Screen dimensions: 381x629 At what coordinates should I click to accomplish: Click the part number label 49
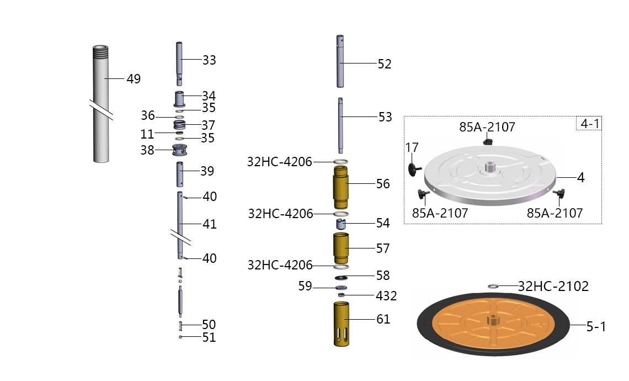tap(134, 79)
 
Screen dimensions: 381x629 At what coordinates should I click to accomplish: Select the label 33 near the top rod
tap(209, 60)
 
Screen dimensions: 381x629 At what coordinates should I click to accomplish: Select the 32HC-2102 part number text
tap(553, 286)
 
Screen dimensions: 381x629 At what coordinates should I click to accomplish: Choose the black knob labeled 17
tap(414, 168)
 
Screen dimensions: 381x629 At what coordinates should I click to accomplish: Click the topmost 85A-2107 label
tap(487, 127)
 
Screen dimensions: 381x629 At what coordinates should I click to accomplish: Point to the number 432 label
tap(386, 296)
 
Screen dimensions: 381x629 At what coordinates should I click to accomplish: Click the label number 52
tap(385, 64)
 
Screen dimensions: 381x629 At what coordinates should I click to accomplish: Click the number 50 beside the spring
tap(209, 324)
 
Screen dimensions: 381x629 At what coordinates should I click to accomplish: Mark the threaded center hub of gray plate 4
tap(489, 166)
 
